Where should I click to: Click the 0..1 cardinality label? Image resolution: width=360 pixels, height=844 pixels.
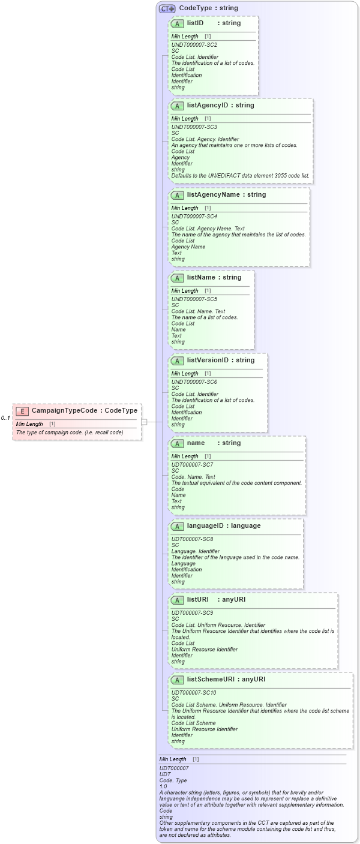(x=5, y=418)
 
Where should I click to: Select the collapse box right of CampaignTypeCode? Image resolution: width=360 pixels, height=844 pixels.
(x=144, y=422)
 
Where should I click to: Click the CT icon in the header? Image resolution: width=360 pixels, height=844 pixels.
(x=167, y=8)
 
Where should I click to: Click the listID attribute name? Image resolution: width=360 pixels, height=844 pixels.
(x=195, y=23)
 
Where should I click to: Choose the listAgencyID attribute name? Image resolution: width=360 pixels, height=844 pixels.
(x=207, y=106)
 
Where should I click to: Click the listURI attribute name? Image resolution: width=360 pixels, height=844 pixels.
(x=197, y=600)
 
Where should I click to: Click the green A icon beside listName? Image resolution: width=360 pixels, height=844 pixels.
(x=177, y=278)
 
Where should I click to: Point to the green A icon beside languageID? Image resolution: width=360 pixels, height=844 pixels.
(x=177, y=527)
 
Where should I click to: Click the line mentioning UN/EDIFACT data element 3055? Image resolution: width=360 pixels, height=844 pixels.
(x=240, y=176)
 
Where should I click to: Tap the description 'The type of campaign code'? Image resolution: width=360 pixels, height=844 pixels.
(x=70, y=432)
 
